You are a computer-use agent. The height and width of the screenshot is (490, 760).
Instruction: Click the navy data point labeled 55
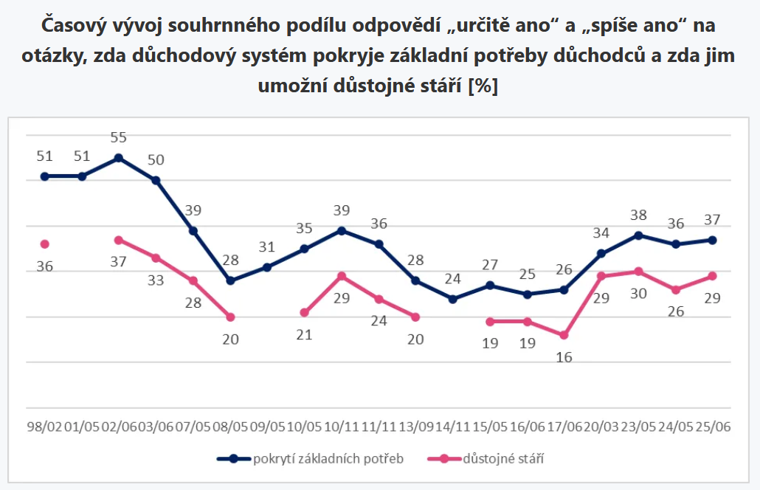(x=119, y=158)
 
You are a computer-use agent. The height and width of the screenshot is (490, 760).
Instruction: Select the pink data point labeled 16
(x=564, y=335)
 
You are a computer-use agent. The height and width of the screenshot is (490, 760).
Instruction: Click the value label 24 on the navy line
(x=452, y=280)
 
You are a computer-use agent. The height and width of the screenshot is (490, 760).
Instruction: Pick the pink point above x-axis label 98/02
(x=44, y=244)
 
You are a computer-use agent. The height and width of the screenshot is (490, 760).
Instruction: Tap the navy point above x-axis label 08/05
(x=230, y=280)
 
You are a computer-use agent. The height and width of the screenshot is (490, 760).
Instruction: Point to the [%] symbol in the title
(x=483, y=86)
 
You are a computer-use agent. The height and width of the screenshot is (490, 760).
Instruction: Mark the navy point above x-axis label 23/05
(x=638, y=235)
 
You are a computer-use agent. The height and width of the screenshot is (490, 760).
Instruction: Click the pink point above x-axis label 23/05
(x=638, y=272)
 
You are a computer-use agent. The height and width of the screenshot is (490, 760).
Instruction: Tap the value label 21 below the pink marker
(x=304, y=334)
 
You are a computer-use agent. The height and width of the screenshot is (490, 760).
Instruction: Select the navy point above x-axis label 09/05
(x=267, y=267)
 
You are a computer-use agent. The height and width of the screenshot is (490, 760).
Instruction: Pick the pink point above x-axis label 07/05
(x=193, y=280)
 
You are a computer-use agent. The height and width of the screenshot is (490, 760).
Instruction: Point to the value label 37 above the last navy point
(x=711, y=220)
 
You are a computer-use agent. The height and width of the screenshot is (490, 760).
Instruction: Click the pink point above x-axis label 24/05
(x=675, y=289)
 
